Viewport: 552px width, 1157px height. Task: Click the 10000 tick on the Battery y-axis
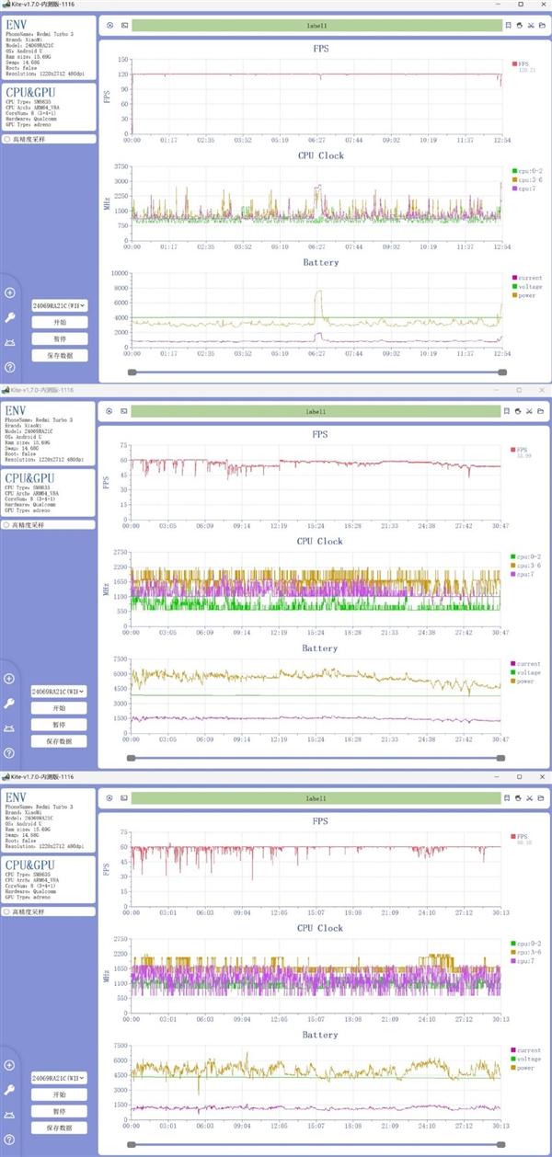tap(118, 273)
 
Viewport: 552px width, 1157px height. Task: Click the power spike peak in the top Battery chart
tap(318, 292)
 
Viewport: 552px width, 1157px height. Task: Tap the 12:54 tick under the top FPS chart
tap(501, 141)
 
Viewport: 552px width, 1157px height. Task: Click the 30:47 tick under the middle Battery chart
tap(501, 739)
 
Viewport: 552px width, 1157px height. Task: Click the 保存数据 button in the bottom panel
tap(59, 1128)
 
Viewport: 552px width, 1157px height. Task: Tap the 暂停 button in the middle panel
tap(59, 725)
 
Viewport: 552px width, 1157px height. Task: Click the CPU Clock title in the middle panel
tap(320, 541)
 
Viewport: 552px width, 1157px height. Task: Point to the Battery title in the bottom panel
tap(320, 1035)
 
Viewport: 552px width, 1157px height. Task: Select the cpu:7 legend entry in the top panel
tap(527, 188)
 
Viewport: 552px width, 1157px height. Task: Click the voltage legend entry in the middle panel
tap(529, 672)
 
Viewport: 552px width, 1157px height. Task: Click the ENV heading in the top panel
tap(17, 24)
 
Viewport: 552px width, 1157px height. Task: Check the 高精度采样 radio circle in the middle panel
tap(8, 525)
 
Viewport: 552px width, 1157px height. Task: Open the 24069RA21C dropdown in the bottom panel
tap(59, 1077)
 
